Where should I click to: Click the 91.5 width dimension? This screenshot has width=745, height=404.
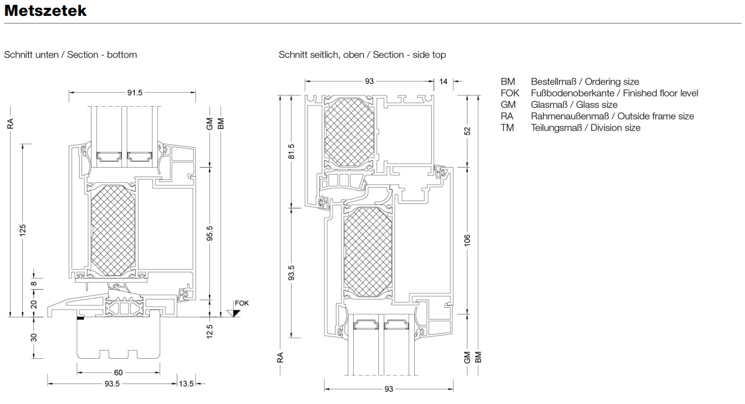pos(135,92)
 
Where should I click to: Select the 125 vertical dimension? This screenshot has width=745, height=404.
pos(23,230)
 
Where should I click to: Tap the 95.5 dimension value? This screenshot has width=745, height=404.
pos(209,233)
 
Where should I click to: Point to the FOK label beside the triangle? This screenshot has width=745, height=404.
pos(242,303)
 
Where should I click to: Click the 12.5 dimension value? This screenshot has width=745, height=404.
pos(209,331)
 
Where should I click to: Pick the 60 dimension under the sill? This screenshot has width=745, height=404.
pos(118,372)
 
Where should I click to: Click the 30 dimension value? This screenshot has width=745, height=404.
pos(34,338)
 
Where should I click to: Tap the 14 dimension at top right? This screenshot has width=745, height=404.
pos(443,82)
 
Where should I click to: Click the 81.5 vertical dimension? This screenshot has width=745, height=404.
pos(292,151)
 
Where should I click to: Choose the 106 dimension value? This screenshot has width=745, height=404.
pos(468,240)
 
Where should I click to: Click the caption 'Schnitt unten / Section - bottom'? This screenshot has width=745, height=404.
pos(70,55)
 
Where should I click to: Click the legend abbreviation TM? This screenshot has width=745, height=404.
pos(507,127)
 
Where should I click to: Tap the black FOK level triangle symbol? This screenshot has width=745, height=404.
pos(235,313)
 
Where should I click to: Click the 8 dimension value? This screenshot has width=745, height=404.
pos(34,284)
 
